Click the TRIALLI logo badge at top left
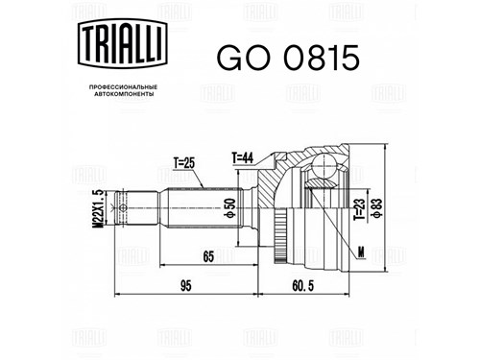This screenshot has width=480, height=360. pos(123,43)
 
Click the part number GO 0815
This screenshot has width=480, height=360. pos(288,58)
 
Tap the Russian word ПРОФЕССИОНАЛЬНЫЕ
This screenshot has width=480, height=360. pos(123,87)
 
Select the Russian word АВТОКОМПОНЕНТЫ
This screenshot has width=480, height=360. pos(123,94)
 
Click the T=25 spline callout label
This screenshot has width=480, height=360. pos(183,163)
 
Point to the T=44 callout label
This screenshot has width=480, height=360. pos(243,157)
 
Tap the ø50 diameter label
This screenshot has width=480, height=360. pos(230,208)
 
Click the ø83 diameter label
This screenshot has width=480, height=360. pos(377,208)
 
